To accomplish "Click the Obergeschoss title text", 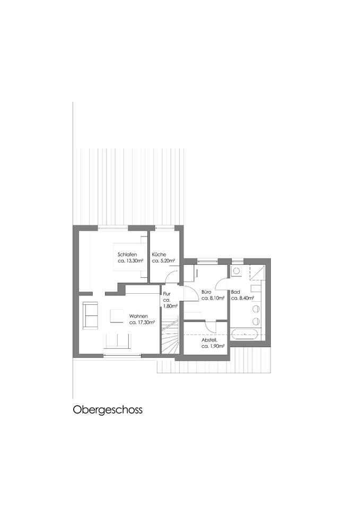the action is click(108, 410).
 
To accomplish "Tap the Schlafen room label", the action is click(127, 254).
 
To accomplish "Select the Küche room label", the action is click(159, 254).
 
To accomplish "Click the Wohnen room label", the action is click(138, 316).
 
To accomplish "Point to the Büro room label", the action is click(206, 292).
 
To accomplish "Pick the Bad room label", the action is click(235, 292).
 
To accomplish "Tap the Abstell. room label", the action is click(209, 340).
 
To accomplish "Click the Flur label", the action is click(166, 294).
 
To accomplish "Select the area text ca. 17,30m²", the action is click(142, 322).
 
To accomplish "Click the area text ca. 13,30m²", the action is click(130, 261).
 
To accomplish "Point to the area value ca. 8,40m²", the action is click(242, 298).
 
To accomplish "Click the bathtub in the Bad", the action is click(244, 334).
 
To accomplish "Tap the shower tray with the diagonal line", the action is click(258, 272).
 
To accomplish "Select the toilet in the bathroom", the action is click(236, 270).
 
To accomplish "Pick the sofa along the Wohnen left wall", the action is click(90, 315).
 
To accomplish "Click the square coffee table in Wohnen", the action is click(117, 316).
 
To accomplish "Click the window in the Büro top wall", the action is click(207, 260).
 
